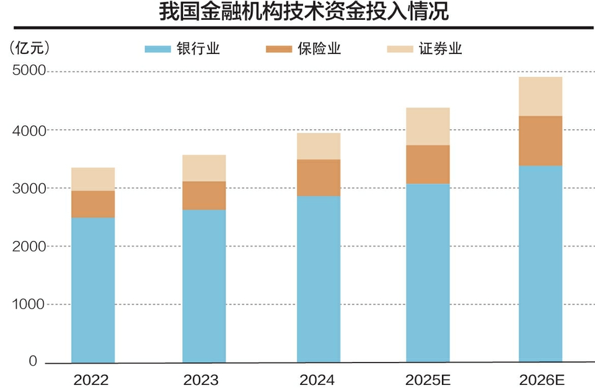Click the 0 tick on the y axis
[x=33, y=361]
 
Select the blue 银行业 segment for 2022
[x=93, y=289]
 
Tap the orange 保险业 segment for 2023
[x=204, y=196]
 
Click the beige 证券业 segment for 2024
[x=319, y=147]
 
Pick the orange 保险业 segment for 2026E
[x=540, y=141]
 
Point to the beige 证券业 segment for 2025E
[x=428, y=127]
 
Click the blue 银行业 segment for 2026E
[x=540, y=264]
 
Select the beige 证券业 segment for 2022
[x=93, y=179]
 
